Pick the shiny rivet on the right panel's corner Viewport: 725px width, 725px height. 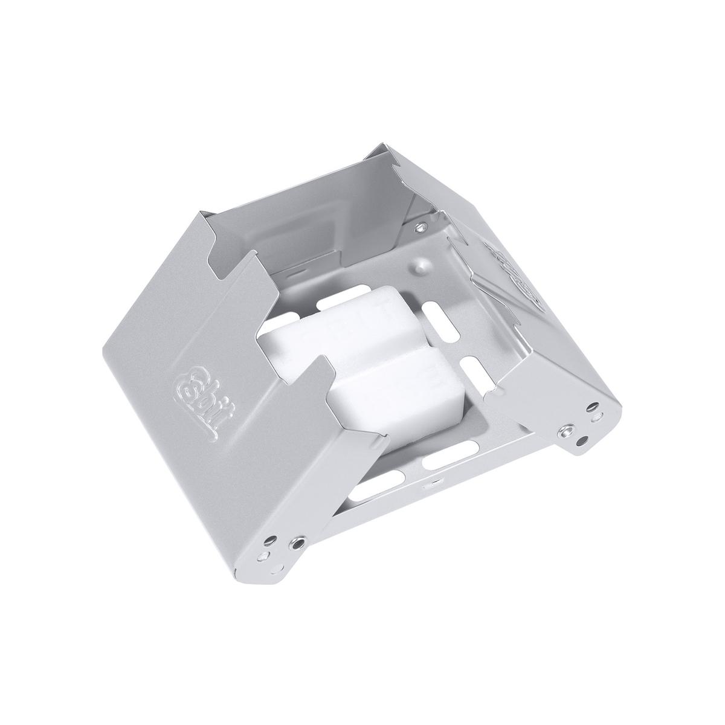click(x=567, y=430)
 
